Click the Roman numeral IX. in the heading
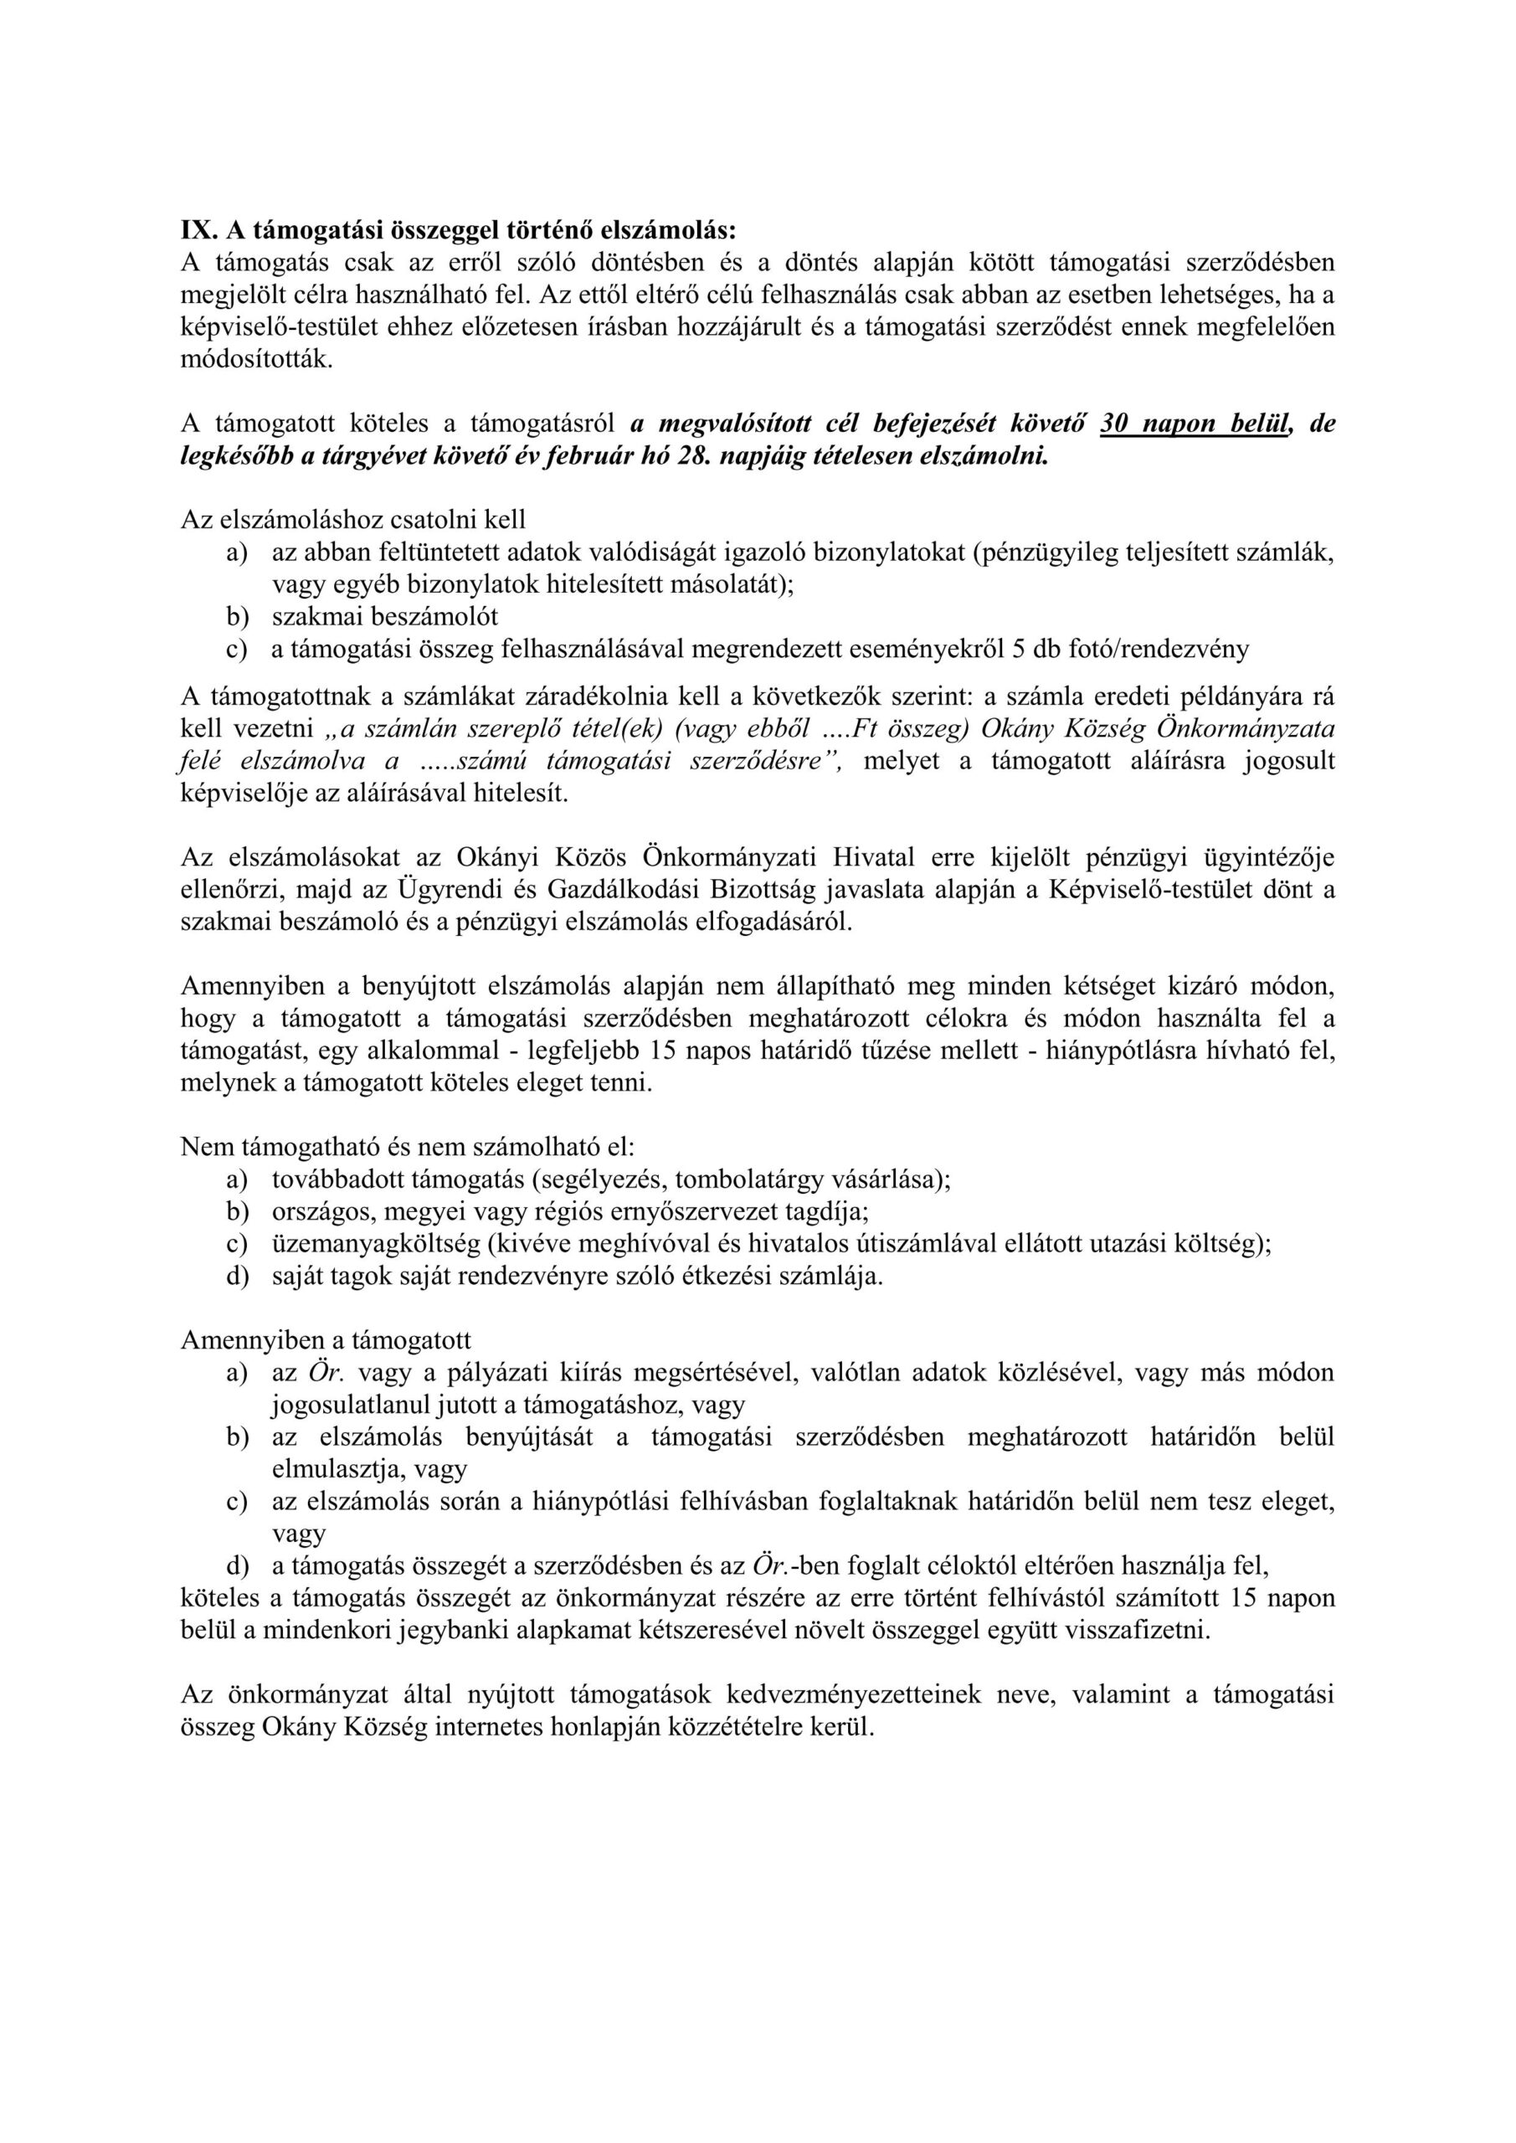pyautogui.click(x=199, y=229)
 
